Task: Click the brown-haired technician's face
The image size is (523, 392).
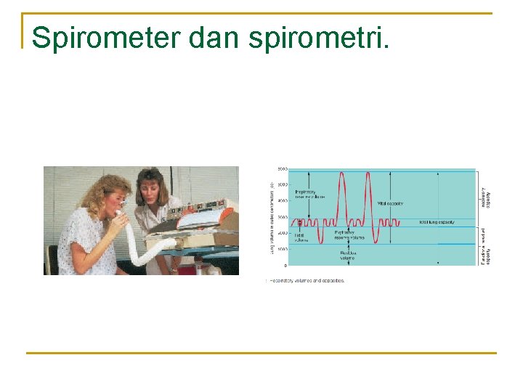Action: tap(153, 188)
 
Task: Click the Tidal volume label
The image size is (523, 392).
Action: tap(299, 237)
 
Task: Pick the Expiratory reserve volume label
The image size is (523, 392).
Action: tap(349, 234)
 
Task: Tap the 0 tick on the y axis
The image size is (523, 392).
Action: tap(285, 266)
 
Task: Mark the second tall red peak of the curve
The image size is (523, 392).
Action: tap(368, 174)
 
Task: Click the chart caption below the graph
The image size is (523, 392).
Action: tap(307, 280)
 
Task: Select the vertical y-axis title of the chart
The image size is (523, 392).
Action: tap(273, 218)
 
